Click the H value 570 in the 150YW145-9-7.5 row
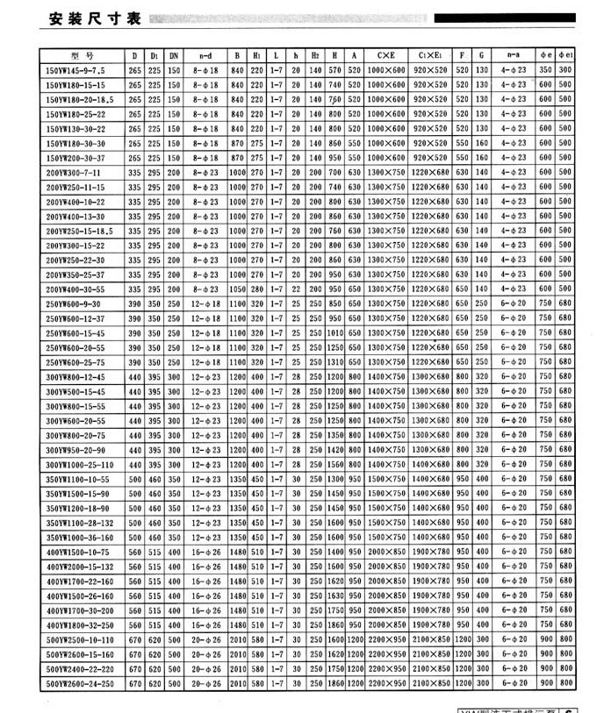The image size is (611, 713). point(334,68)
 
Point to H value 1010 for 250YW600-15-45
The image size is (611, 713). point(334,332)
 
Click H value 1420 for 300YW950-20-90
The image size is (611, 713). point(334,449)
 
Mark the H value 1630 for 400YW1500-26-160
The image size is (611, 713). point(334,595)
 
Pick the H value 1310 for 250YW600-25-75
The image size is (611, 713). point(334,361)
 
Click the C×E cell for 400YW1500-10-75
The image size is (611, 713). point(385,551)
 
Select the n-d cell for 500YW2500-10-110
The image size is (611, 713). point(207,638)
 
